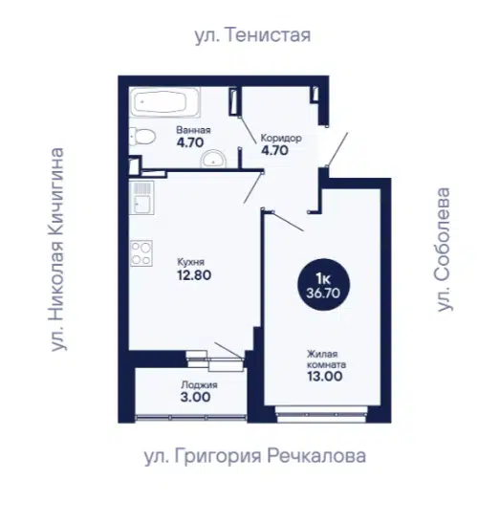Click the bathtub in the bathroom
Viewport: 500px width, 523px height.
tap(164, 102)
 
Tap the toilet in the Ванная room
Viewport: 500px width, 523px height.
tap(142, 137)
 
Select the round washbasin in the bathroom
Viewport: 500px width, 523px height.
tap(213, 159)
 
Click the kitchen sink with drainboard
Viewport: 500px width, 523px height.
tap(141, 198)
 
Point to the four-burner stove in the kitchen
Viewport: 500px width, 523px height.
tap(141, 253)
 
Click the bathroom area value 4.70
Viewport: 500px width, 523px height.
tap(190, 142)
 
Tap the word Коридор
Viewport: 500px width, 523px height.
tap(281, 138)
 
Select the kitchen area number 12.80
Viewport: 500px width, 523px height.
tap(194, 275)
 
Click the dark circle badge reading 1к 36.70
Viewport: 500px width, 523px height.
tap(323, 285)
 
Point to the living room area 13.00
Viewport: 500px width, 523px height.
tap(324, 376)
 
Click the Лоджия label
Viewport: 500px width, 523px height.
tap(199, 385)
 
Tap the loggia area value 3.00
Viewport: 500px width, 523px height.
tap(195, 397)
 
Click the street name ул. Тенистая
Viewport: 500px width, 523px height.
tap(252, 35)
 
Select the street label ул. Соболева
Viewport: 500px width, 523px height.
tap(444, 250)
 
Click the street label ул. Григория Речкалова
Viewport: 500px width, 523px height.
tap(255, 456)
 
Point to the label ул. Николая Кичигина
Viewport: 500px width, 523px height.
tap(57, 250)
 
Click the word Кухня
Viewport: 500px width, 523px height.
tap(191, 262)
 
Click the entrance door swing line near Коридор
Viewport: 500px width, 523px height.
tap(337, 149)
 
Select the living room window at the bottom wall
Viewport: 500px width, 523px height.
tap(322, 415)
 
